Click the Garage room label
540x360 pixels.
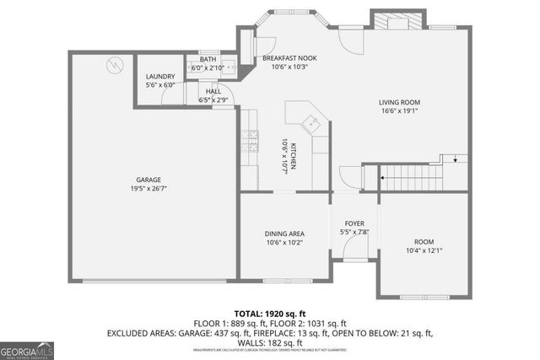tap(148, 180)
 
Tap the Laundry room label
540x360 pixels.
tap(160, 77)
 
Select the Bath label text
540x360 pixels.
tap(208, 59)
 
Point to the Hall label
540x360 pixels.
tap(214, 91)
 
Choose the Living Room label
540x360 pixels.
tap(399, 103)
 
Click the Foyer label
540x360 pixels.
tap(354, 223)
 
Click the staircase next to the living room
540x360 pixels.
tap(410, 178)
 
